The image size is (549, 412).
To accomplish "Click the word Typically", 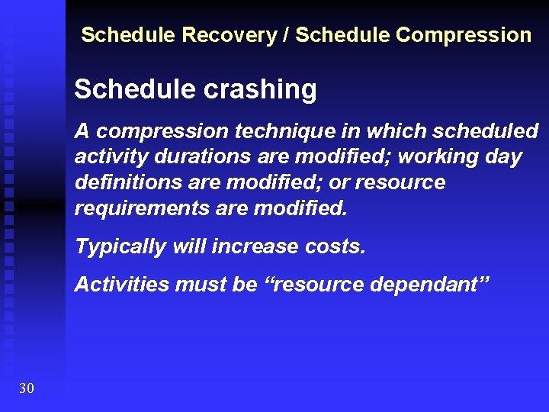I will tap(120, 246).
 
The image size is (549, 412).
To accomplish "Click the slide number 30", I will tap(26, 389).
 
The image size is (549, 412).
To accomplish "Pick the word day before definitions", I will tap(506, 157).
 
